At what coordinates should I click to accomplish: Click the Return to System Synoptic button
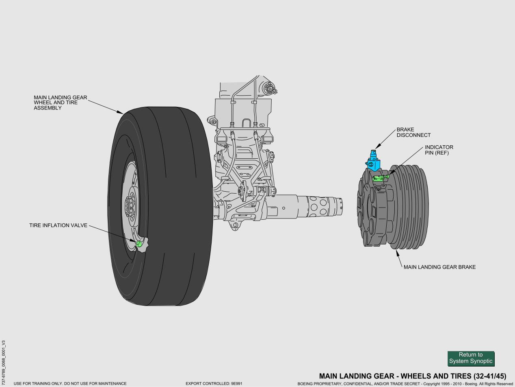(x=471, y=358)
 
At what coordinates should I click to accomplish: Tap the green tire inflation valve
(x=138, y=243)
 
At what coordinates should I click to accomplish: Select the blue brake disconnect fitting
(x=373, y=160)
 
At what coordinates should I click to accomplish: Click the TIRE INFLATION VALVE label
(x=58, y=225)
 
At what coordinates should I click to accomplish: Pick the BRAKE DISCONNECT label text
(x=413, y=133)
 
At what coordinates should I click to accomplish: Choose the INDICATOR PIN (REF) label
(x=439, y=150)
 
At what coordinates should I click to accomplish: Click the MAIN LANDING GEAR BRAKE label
(x=439, y=267)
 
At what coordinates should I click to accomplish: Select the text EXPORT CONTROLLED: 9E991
(x=214, y=384)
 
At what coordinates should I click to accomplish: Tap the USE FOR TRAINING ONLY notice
(x=70, y=384)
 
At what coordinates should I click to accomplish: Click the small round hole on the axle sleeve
(x=283, y=208)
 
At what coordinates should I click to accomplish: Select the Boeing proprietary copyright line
(x=405, y=384)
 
